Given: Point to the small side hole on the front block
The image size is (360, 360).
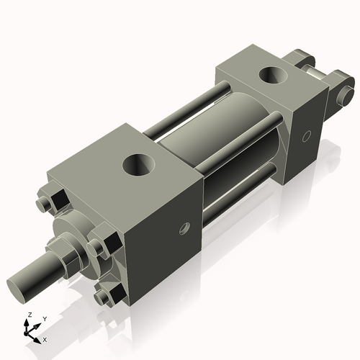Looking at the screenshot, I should click(186, 230).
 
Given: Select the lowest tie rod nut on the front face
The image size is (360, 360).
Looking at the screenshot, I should click(109, 296).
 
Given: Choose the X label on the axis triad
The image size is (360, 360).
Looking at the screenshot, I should click(45, 338).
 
